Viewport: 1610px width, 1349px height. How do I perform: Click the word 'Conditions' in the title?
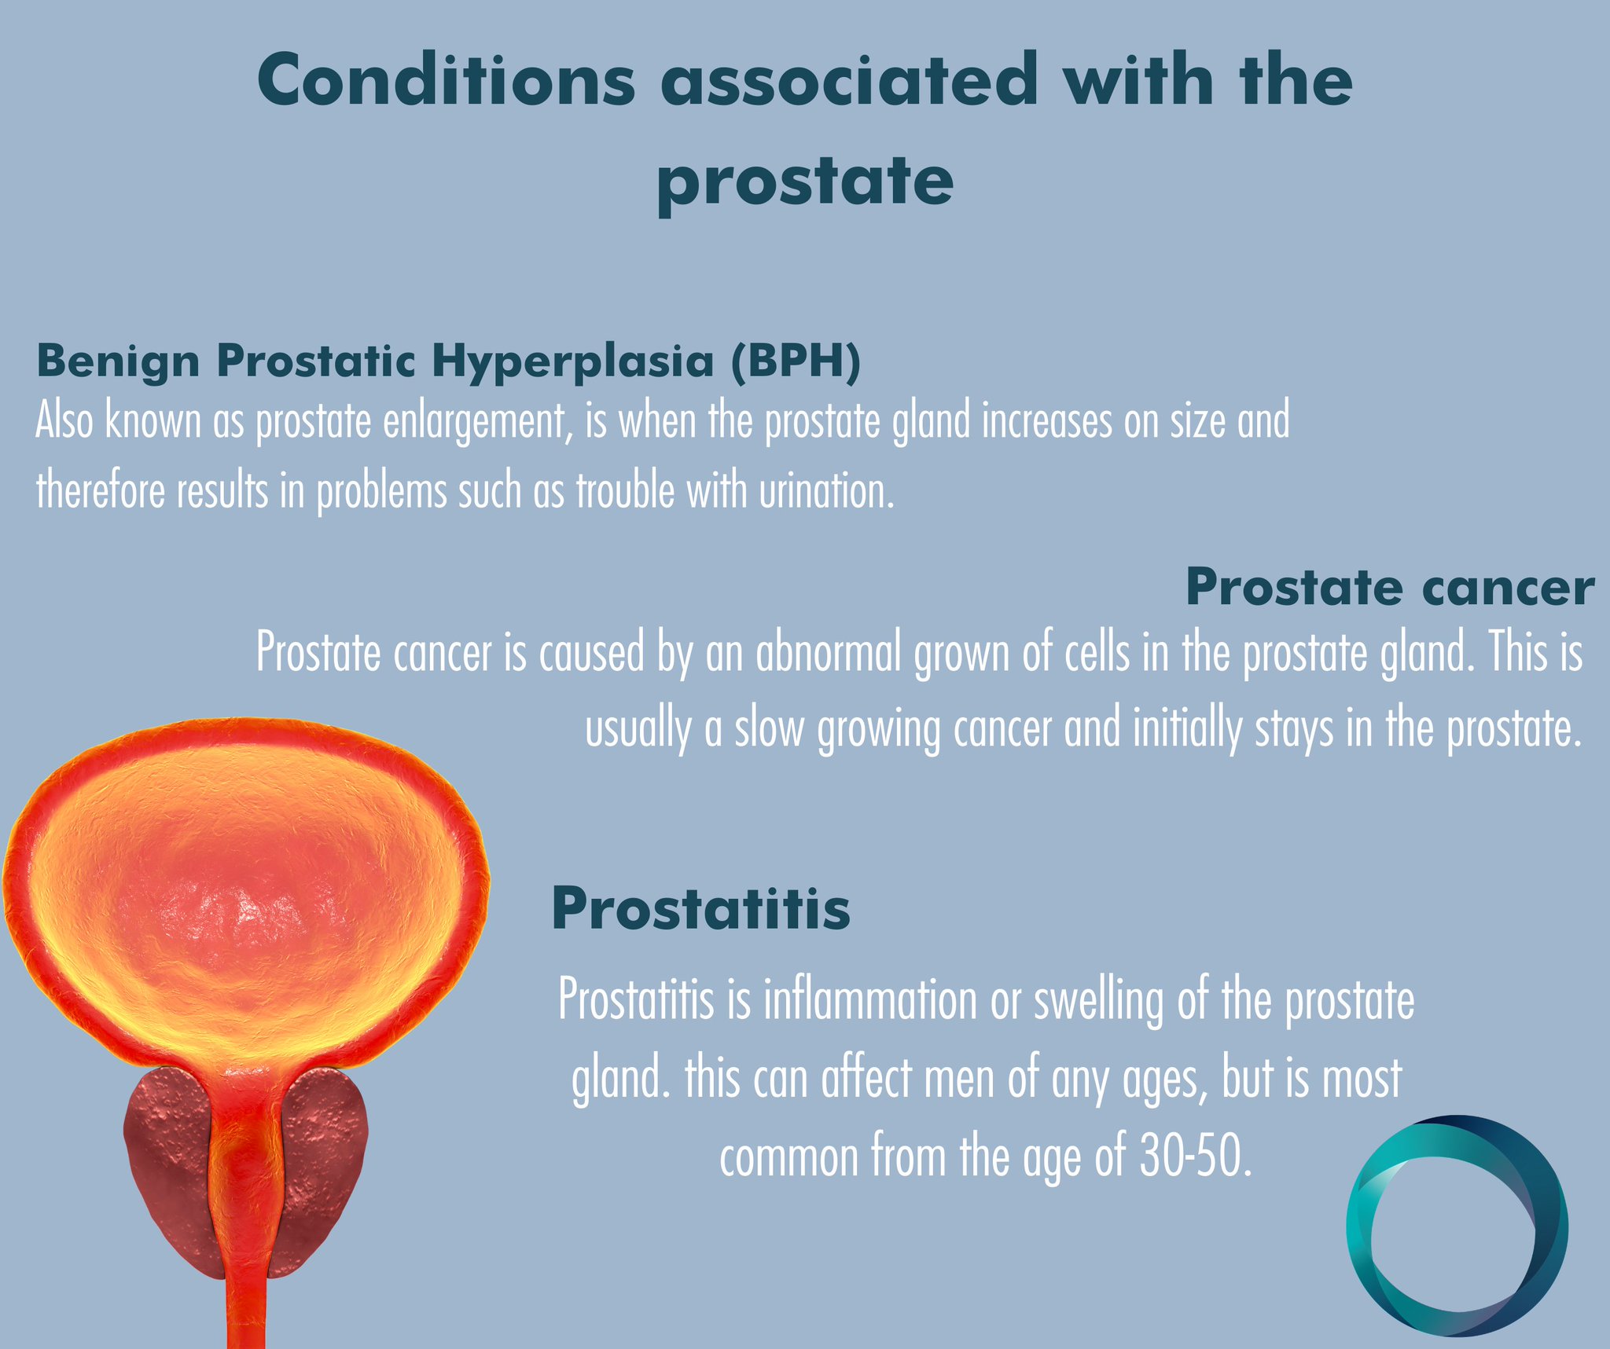tap(446, 81)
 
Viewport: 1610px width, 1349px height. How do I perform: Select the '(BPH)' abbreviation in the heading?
tap(795, 363)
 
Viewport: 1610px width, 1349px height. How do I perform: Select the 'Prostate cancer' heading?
tap(1389, 587)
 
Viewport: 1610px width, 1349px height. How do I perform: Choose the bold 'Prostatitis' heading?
tap(701, 909)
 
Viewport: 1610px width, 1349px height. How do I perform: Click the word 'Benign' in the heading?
tap(118, 363)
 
